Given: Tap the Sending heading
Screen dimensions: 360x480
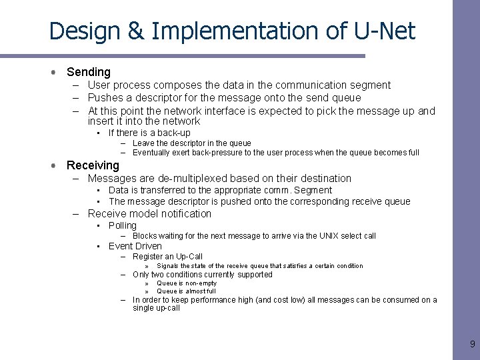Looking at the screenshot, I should pyautogui.click(x=89, y=72).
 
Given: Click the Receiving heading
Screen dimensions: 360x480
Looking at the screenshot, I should pyautogui.click(x=93, y=165).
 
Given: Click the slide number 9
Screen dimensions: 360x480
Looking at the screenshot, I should pyautogui.click(x=473, y=344).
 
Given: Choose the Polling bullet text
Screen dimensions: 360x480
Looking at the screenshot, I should pyautogui.click(x=123, y=225).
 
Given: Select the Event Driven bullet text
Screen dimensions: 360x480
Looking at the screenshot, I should pyautogui.click(x=135, y=246).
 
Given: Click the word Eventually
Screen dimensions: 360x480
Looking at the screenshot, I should pyautogui.click(x=151, y=153).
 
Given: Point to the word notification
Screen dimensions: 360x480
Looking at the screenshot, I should pyautogui.click(x=183, y=214).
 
